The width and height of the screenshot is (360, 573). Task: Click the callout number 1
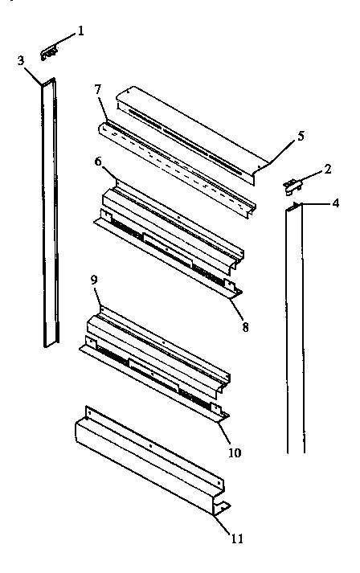coord(80,32)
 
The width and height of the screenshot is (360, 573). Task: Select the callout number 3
coord(21,60)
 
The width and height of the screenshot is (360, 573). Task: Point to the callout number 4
coord(335,203)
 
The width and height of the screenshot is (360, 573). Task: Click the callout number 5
coord(301,136)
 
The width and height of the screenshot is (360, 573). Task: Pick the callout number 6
coord(97,161)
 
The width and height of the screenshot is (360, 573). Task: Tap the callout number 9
coord(94,281)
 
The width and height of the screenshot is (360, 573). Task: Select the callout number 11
coord(236,538)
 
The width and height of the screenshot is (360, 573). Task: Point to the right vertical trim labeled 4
coord(295,329)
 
